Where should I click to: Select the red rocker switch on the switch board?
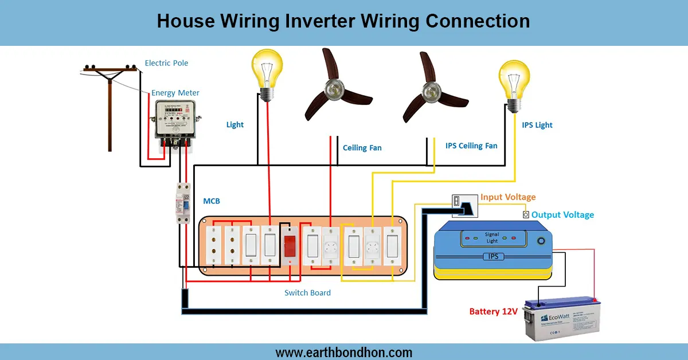290,245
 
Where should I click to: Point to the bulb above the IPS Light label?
513,83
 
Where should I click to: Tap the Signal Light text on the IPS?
491,237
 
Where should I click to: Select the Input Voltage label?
508,197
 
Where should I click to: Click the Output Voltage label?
562,214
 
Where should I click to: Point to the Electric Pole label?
166,63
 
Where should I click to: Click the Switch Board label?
307,292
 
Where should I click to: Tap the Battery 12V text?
493,311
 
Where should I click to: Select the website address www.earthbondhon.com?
343,352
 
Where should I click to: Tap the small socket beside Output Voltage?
525,214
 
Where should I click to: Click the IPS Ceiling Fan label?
471,146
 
